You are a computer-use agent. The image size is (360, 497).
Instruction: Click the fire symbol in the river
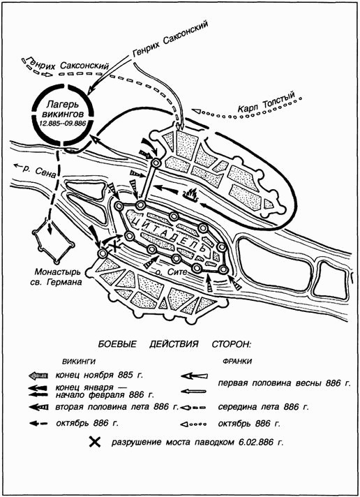(x=190, y=196)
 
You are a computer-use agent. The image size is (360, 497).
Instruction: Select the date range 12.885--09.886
(x=63, y=124)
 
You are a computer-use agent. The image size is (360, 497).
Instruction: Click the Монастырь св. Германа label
(x=58, y=276)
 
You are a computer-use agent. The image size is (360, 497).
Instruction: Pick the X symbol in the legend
(x=94, y=442)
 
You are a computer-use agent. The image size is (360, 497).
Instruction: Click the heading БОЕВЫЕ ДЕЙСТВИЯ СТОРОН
(x=174, y=344)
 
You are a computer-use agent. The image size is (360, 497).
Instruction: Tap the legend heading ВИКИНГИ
(x=79, y=362)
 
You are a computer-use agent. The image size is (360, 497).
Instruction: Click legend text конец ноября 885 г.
(x=99, y=376)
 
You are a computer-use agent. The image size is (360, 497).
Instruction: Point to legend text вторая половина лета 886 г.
(x=117, y=407)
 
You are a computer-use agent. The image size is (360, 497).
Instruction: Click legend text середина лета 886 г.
(x=263, y=407)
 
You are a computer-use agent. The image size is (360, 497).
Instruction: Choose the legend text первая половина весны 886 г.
(x=284, y=383)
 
